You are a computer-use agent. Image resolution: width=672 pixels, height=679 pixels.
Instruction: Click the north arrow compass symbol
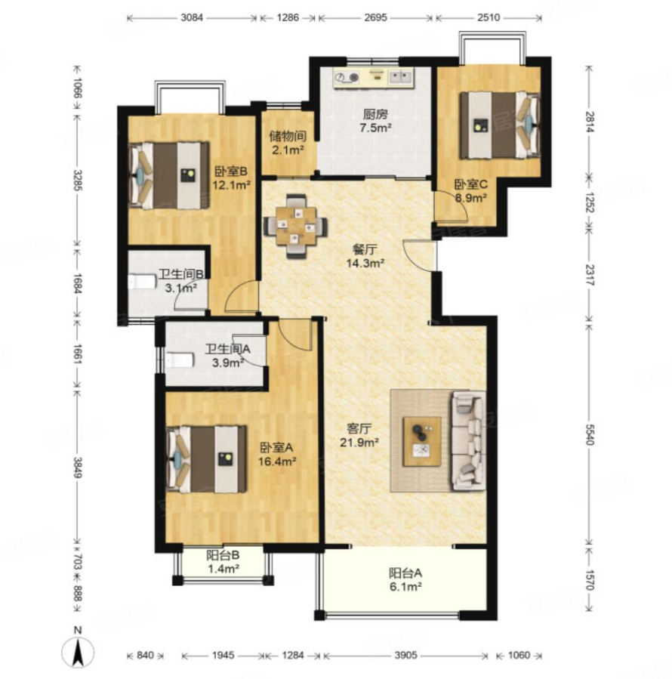click(78, 648)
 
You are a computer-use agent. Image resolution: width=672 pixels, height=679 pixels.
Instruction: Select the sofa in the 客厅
click(468, 441)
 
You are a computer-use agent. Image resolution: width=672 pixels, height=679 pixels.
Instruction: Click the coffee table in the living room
click(422, 442)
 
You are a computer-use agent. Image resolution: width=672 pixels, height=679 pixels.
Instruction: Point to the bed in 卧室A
click(206, 459)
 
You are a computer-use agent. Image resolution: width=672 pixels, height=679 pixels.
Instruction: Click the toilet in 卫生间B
click(142, 282)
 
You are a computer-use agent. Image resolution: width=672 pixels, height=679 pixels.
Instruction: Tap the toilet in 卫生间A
click(179, 360)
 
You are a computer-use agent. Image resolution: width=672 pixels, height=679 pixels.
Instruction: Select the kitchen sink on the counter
click(400, 77)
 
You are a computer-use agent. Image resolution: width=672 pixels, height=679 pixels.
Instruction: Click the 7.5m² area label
click(376, 128)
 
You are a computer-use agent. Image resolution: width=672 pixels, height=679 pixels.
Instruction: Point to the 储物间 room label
click(288, 137)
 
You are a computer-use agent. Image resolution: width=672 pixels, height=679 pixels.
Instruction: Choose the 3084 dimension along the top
click(191, 18)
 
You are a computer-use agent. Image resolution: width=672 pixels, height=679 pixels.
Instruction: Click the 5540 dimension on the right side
click(589, 434)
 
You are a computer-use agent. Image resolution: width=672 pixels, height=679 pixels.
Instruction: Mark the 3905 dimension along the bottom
click(405, 655)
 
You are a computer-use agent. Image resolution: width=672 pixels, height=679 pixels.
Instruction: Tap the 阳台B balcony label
click(223, 556)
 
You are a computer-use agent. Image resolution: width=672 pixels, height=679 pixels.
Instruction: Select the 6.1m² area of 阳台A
click(405, 587)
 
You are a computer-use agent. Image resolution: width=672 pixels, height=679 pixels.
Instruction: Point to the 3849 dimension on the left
click(78, 468)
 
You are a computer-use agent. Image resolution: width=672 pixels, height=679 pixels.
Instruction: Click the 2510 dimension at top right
click(489, 18)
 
